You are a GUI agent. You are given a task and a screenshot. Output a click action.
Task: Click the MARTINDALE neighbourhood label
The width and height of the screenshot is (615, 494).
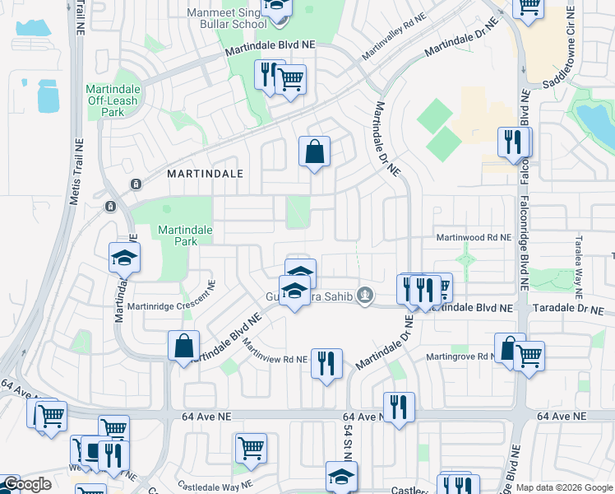tap(206, 174)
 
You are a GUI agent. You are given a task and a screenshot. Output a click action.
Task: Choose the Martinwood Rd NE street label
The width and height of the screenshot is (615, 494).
tap(474, 237)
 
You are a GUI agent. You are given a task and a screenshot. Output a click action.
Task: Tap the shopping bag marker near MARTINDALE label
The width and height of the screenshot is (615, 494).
tap(314, 152)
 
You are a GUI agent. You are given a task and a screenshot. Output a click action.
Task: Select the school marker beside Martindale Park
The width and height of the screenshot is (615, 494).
tap(124, 259)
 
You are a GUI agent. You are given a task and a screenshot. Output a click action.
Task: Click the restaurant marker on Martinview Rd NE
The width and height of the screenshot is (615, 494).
tap(326, 363)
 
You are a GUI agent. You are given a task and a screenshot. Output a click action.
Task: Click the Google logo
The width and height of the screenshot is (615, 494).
tap(26, 484)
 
